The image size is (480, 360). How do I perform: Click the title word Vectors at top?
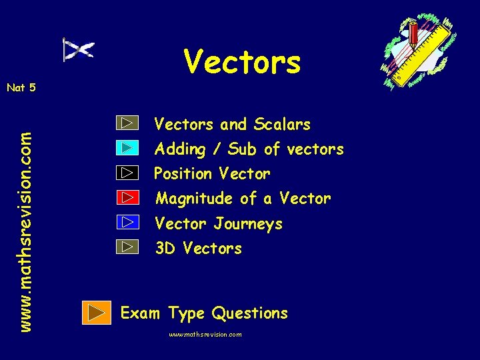[243, 63]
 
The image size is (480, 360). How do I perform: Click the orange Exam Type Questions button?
[97, 312]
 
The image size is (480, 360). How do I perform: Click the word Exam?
[141, 313]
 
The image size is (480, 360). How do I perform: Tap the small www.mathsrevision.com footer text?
[205, 335]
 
